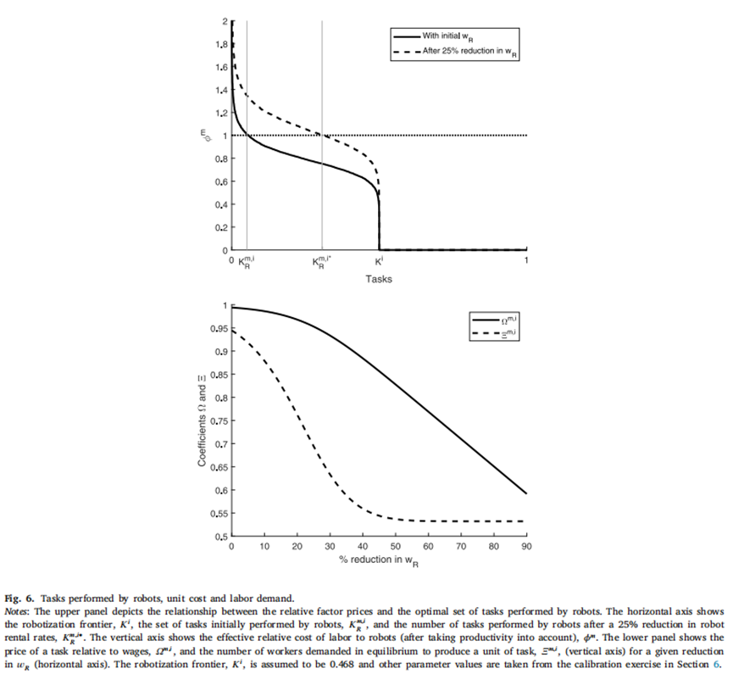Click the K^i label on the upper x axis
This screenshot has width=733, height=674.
[379, 260]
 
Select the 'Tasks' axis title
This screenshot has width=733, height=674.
[379, 278]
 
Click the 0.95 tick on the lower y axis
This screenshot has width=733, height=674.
[217, 328]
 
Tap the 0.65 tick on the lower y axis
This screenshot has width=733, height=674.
[217, 467]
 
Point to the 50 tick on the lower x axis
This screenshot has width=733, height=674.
[396, 547]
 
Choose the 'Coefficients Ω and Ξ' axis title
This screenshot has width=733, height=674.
[202, 421]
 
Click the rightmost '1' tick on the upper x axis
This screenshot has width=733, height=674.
[527, 260]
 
